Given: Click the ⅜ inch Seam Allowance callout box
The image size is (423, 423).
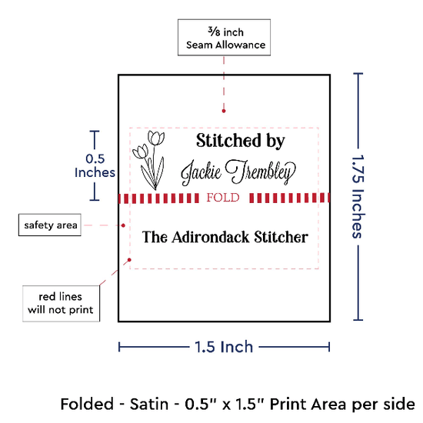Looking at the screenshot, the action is (224, 37).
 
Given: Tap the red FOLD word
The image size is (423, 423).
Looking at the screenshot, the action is (223, 198).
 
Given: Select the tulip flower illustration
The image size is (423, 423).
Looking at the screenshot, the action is (149, 160).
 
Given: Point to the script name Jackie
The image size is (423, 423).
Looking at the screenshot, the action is (201, 172).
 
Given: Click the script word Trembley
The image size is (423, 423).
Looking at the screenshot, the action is (260, 172).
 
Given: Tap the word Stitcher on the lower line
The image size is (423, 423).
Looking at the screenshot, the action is (281, 237).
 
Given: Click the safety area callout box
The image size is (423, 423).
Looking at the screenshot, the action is (50, 225).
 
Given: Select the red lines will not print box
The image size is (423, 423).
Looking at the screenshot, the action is (61, 303).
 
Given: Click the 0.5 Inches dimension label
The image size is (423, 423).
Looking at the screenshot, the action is (95, 165).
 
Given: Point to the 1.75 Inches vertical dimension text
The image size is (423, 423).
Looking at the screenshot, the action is (358, 197).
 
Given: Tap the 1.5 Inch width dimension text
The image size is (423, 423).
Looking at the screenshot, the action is (224, 347).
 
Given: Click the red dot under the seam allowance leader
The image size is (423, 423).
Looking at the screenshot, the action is (224, 111).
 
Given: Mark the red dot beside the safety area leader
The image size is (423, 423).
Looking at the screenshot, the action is (123, 225).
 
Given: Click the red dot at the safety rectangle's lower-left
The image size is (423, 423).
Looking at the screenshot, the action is (129, 260).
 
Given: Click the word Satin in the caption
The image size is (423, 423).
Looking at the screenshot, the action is (149, 404).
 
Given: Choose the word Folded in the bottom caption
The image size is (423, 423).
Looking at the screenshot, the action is (87, 404).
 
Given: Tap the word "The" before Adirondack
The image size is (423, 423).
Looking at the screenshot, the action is (155, 237).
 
